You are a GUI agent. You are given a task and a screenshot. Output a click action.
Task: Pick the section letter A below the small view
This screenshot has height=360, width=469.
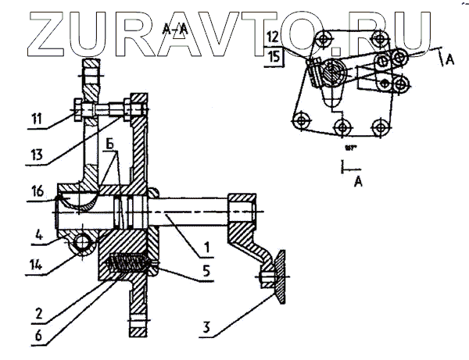358,181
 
